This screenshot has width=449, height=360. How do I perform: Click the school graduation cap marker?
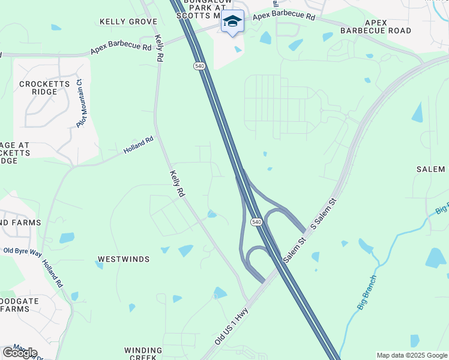232,22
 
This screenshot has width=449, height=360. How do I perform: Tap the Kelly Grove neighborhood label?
128,22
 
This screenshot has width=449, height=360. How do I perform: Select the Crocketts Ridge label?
41,88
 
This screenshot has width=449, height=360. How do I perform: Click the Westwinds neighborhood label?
123,259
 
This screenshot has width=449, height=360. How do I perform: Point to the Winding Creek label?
143,353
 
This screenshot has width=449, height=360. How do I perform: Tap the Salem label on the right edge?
430,170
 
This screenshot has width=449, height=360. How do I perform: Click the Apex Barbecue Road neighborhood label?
376,26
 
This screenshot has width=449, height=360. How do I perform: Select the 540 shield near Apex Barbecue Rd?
198,65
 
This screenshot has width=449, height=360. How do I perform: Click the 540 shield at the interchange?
257,222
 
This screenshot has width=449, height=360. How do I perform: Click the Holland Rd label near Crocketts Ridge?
139,145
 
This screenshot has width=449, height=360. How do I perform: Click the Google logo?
20,352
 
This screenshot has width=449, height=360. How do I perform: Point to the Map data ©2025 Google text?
411,355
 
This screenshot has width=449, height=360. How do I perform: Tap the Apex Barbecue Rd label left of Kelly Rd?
121,47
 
